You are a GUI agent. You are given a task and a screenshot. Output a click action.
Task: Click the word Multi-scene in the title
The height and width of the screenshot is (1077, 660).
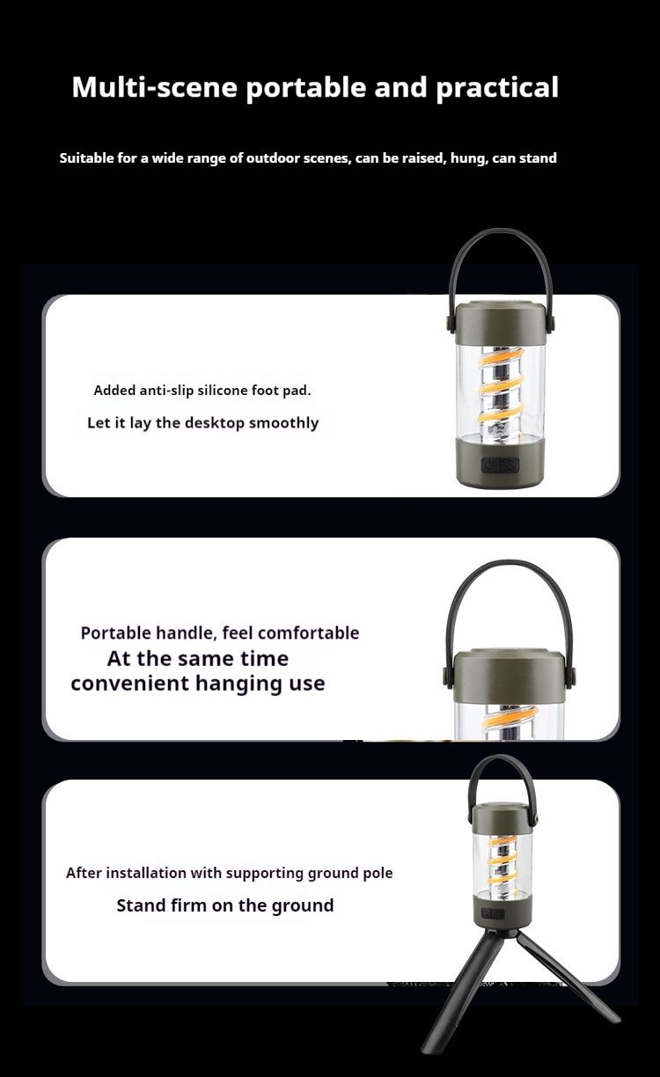155,87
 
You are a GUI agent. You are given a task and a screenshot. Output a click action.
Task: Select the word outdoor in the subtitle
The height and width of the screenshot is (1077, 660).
273,158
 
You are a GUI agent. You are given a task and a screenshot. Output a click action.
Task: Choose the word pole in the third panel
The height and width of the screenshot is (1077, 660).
378,874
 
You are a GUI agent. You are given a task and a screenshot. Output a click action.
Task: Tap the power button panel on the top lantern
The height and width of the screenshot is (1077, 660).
500,465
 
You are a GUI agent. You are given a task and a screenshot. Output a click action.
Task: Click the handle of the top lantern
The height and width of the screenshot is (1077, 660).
501,232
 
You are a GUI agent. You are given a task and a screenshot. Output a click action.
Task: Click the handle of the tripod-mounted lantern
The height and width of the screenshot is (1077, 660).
502,758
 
